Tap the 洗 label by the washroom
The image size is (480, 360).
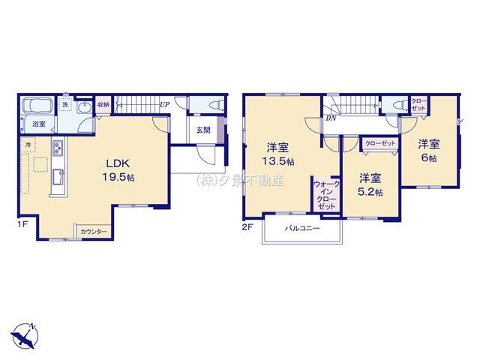click(67, 105)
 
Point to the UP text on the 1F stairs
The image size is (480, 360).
click(163, 105)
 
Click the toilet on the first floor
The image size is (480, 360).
click(209, 106)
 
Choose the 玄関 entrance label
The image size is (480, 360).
click(203, 130)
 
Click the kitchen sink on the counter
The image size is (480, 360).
click(57, 178)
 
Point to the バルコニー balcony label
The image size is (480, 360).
click(302, 229)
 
